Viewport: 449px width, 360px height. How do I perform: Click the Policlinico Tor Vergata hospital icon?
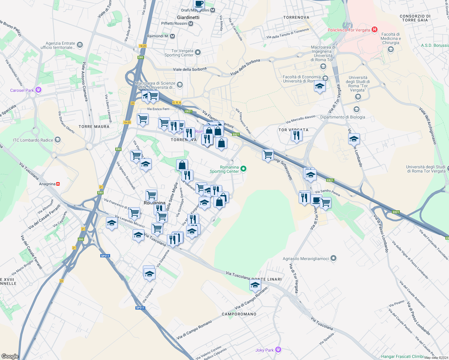[374, 30]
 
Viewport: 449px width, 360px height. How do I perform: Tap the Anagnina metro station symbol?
[58, 184]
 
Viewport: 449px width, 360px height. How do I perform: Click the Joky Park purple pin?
[278, 350]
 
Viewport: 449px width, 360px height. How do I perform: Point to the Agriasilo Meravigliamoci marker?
[333, 258]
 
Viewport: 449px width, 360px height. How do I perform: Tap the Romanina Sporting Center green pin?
[244, 169]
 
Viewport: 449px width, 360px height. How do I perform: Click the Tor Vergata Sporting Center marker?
[197, 52]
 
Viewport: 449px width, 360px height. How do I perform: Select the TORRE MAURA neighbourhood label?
[94, 127]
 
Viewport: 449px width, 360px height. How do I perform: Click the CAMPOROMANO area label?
[239, 314]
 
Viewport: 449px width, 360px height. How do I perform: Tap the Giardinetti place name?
[188, 17]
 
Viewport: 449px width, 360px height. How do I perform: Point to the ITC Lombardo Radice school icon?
[58, 140]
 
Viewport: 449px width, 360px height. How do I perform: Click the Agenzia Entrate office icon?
[80, 45]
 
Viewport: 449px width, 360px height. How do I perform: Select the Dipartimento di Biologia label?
[343, 117]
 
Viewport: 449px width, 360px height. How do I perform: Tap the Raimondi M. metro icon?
[172, 36]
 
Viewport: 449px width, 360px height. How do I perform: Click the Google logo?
[10, 356]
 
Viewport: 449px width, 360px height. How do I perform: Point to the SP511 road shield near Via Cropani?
[140, 308]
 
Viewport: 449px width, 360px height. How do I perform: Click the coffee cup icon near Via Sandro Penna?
[316, 199]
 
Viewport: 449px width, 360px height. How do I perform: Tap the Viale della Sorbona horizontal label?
[190, 69]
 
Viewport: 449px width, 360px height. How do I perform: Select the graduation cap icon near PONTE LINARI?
[255, 285]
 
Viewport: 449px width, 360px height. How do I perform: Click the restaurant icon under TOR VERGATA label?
[296, 136]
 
